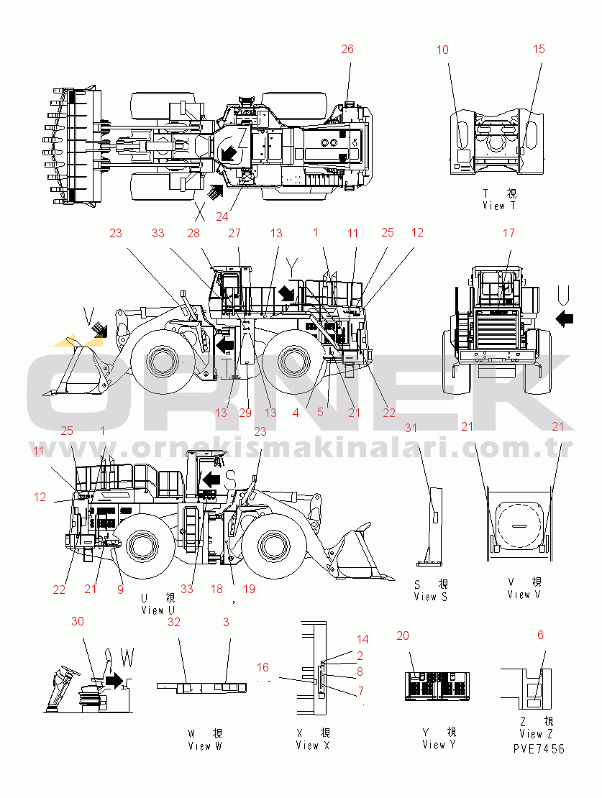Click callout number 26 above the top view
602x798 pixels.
(347, 49)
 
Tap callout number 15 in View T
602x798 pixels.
(539, 49)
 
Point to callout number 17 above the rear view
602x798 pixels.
(508, 233)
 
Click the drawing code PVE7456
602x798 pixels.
(539, 748)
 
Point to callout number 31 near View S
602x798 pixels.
(411, 428)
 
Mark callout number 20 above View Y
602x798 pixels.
(403, 635)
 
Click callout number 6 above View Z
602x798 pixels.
(540, 635)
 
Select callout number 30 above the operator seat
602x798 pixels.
(77, 621)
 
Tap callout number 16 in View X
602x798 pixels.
(263, 668)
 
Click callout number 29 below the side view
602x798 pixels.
(245, 413)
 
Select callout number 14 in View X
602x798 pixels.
(362, 639)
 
